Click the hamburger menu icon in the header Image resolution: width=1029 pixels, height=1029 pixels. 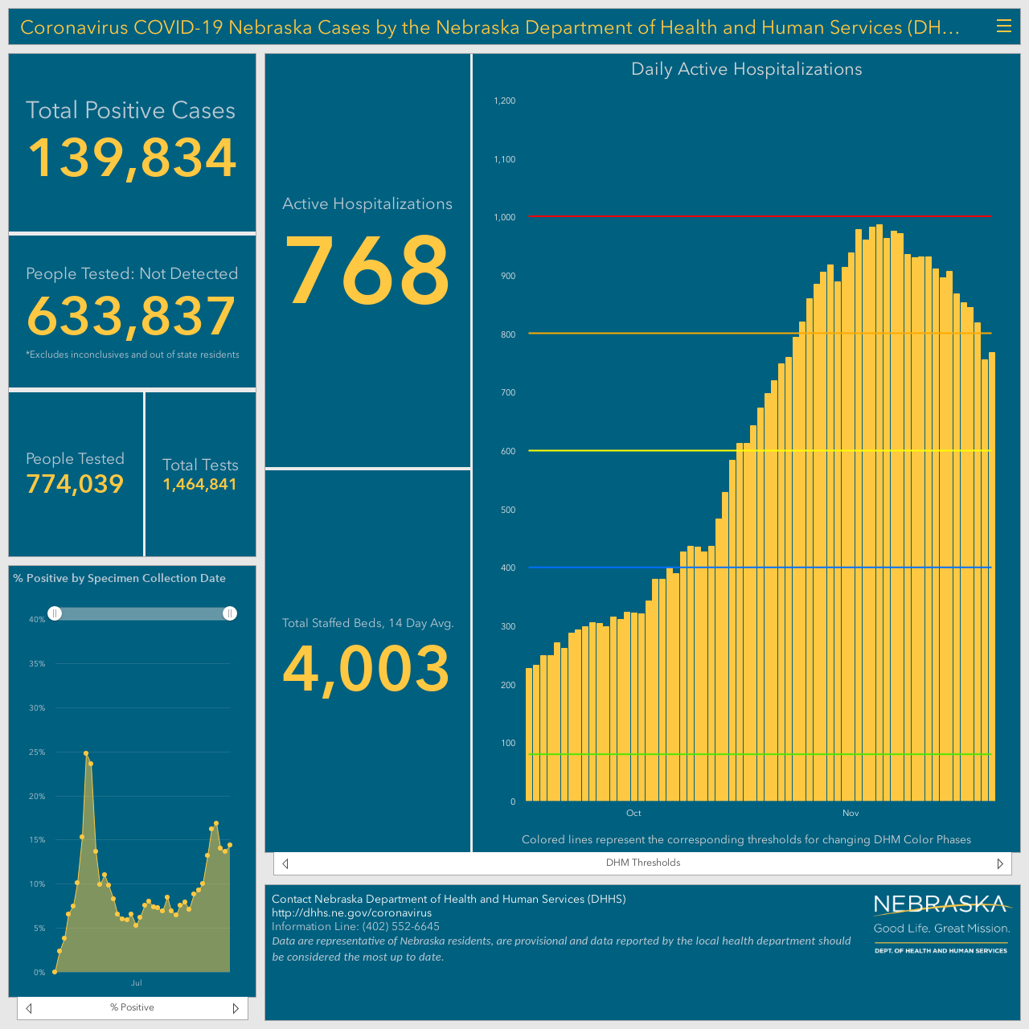(x=1003, y=27)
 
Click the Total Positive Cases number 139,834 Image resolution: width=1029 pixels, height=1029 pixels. (x=131, y=158)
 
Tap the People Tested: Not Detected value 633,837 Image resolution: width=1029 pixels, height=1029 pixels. (x=131, y=316)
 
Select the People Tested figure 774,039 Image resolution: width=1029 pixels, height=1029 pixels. (x=75, y=484)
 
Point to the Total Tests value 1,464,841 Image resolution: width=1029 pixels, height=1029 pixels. (x=199, y=484)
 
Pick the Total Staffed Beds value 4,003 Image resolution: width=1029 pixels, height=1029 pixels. (x=367, y=670)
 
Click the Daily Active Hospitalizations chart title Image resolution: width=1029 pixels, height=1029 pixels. (x=746, y=69)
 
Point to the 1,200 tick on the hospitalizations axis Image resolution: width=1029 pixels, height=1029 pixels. (x=505, y=100)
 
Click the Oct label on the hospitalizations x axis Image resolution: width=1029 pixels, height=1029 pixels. (x=633, y=813)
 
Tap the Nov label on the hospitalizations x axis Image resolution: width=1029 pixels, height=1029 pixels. (x=850, y=813)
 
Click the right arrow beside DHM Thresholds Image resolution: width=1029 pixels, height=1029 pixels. (x=999, y=863)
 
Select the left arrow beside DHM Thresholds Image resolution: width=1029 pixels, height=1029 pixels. (x=285, y=863)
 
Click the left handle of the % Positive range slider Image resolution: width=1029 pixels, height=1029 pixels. (x=55, y=613)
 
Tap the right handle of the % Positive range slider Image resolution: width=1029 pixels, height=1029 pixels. (x=230, y=613)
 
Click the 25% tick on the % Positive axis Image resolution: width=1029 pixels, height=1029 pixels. (x=37, y=752)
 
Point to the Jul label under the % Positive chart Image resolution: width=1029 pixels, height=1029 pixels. (x=136, y=982)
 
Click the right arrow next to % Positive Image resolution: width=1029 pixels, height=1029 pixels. (x=236, y=1008)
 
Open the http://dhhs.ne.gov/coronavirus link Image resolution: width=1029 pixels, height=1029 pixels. (x=351, y=912)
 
